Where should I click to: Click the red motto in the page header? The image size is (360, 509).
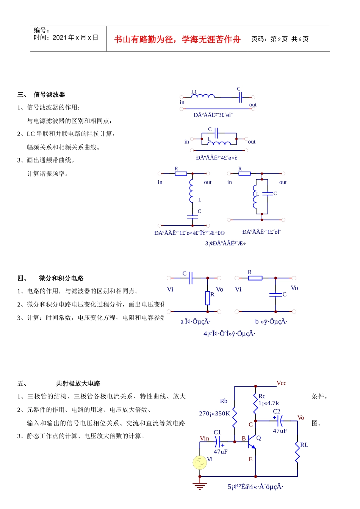point(177,39)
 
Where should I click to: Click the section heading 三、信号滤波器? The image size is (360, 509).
point(41,95)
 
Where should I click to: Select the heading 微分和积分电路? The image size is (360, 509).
point(61,278)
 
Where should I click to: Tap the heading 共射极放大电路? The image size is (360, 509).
point(78,384)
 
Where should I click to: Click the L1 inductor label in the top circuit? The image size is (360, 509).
point(194,92)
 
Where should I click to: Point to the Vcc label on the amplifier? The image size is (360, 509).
point(282,383)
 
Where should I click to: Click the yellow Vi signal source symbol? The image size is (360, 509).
point(200,462)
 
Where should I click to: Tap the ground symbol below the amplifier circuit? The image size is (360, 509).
point(200,486)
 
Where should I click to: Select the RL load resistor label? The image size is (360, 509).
point(304,445)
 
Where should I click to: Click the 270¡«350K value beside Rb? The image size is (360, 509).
point(214,414)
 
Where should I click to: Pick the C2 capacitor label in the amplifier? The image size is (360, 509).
point(277,411)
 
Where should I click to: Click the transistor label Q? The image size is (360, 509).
point(258,438)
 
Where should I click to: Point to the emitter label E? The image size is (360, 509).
point(250,459)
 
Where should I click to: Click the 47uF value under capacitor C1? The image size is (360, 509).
point(221,452)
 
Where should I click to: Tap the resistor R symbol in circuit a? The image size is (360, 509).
point(208,298)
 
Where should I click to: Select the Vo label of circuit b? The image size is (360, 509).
point(294,288)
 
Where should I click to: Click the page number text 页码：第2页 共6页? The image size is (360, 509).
point(280,39)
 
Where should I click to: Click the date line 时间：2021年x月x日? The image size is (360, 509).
point(66,37)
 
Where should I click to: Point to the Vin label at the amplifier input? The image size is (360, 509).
point(204,439)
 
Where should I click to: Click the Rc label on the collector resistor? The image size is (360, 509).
point(262,396)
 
